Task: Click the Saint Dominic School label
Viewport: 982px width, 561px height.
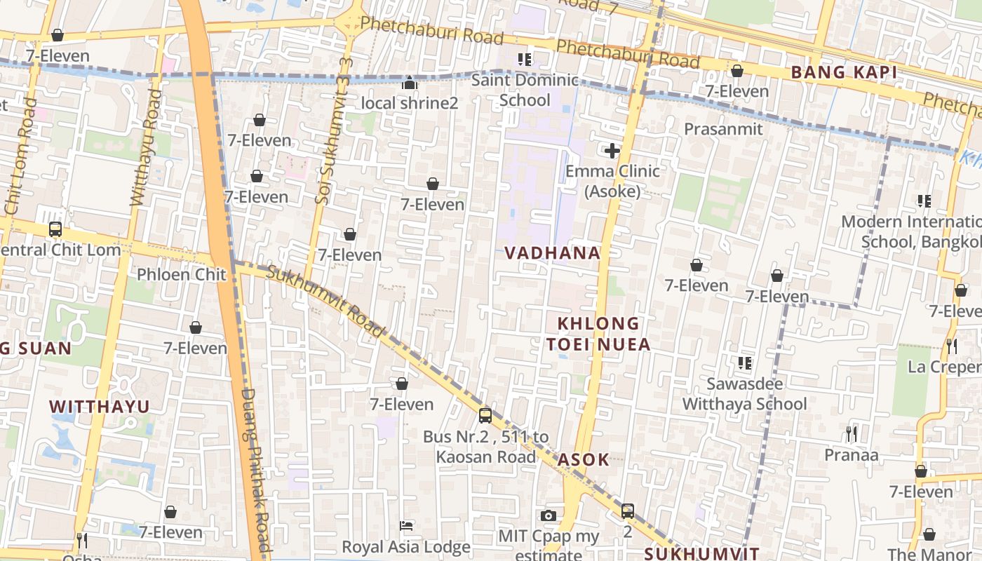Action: tap(525, 90)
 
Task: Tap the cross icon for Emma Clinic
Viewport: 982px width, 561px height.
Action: tap(612, 151)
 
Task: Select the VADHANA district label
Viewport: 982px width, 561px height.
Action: tap(553, 253)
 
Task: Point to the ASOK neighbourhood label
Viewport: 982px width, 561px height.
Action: tap(584, 460)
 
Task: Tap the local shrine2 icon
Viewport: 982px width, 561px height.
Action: tap(409, 83)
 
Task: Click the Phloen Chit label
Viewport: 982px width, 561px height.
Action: tap(182, 274)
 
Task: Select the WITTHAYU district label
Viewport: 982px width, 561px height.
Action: tap(100, 407)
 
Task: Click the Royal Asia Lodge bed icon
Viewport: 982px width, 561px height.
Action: tap(406, 526)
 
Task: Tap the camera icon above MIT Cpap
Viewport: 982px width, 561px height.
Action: tap(549, 516)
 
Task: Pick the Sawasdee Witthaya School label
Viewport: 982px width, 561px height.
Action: tap(745, 394)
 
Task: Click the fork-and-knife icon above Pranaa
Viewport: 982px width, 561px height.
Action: tap(852, 434)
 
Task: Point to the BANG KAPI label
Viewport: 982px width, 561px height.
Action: tap(844, 72)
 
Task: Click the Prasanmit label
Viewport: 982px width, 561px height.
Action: tap(723, 129)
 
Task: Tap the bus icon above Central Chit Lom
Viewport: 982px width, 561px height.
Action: tap(55, 229)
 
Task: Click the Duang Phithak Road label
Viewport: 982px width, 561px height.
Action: tap(255, 470)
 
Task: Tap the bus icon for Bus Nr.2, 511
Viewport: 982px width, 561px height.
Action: tap(485, 416)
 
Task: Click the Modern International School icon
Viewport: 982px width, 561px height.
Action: tap(924, 201)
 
